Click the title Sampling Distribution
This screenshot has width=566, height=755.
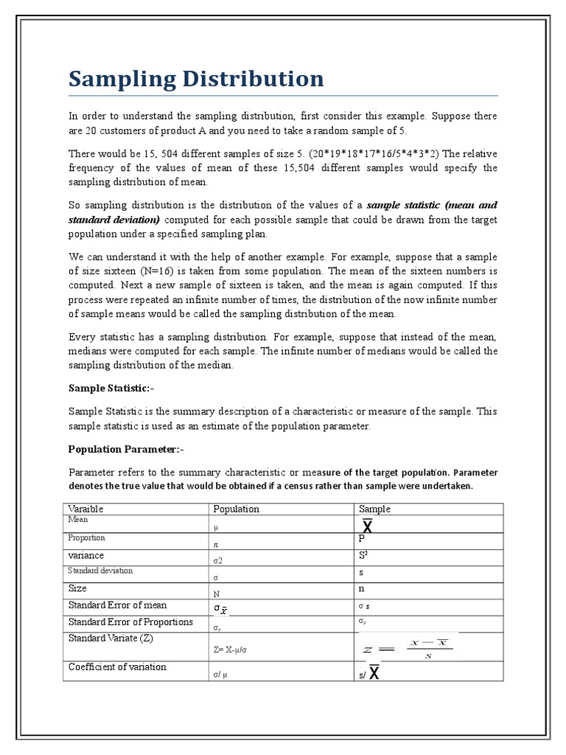point(196,78)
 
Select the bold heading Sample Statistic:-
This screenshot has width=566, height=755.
point(111,388)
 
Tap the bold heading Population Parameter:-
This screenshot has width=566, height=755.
point(125,448)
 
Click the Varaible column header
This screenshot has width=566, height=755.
point(85,509)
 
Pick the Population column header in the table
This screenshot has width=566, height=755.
point(236,509)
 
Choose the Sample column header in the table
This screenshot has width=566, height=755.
point(374,509)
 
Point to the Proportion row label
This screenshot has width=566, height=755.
point(86,538)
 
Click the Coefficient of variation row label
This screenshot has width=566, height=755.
point(117,667)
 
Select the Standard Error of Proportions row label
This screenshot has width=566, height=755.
point(130,622)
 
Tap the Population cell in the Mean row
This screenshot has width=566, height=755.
point(216,528)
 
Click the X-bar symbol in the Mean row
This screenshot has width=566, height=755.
point(367,526)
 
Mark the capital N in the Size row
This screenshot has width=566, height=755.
point(217,594)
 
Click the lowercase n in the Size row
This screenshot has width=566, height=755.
point(362,590)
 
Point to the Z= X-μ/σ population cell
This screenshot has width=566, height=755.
point(234,650)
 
